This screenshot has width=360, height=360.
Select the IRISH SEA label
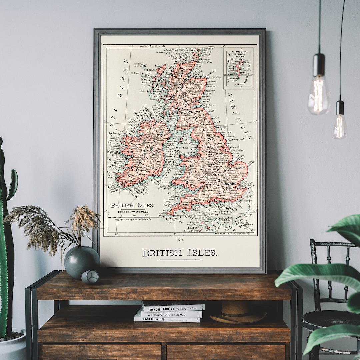180,147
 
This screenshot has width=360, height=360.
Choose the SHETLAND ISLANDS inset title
239,54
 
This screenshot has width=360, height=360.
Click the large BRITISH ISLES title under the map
180,253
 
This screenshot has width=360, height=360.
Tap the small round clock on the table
90,277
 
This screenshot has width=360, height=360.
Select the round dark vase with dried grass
82,261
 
